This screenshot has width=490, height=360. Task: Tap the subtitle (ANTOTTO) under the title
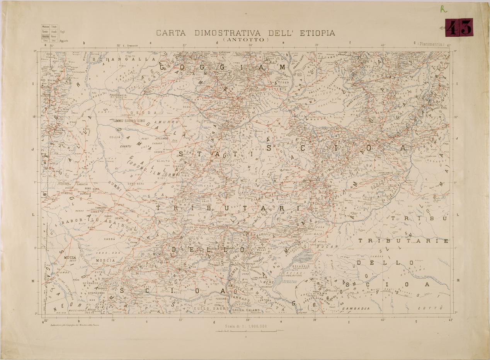(245, 39)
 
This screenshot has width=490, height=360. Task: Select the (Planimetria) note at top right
(431, 45)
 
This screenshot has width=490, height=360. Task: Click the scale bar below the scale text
(245, 331)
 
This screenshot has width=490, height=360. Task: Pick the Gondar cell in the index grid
(46, 31)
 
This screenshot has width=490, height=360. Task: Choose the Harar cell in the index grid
(54, 36)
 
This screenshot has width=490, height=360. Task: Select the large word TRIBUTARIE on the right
(404, 241)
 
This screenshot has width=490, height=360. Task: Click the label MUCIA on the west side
(70, 257)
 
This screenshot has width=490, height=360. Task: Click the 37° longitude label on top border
(185, 45)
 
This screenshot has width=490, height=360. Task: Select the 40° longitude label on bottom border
(383, 319)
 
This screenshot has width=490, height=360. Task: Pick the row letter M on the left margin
(33, 281)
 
